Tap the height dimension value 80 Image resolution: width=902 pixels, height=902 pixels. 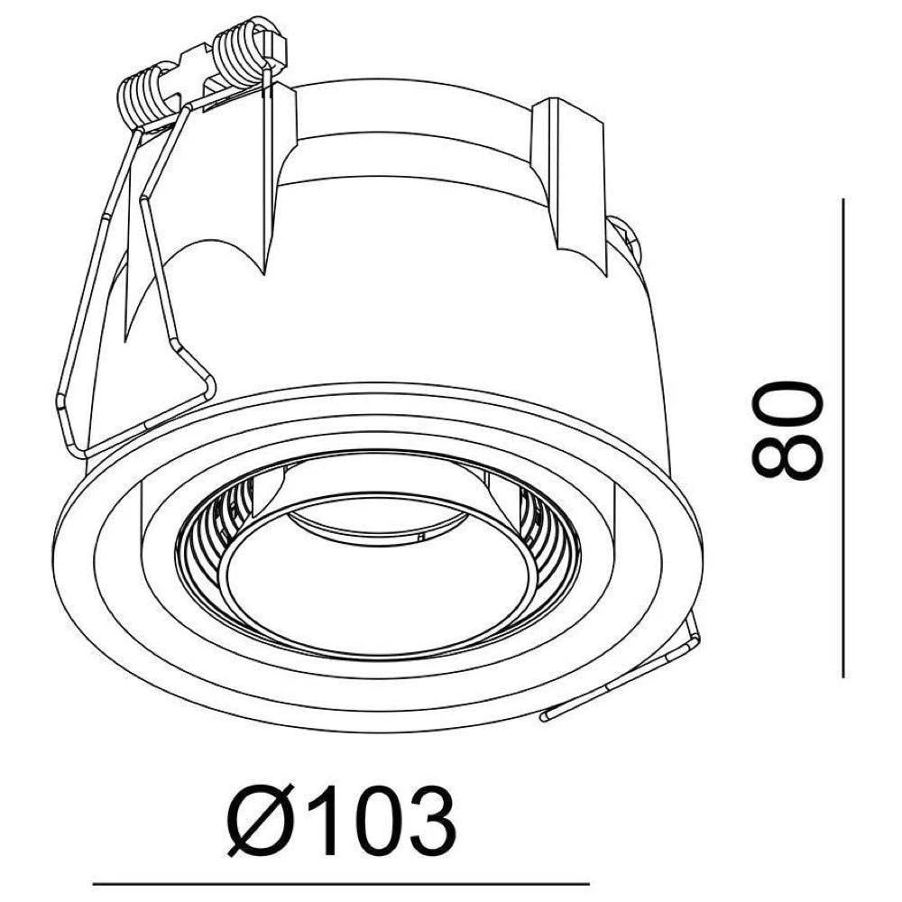pyautogui.click(x=787, y=430)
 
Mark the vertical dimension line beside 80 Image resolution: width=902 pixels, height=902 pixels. pyautogui.click(x=842, y=437)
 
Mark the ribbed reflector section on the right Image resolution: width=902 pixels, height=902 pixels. pyautogui.click(x=550, y=532)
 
